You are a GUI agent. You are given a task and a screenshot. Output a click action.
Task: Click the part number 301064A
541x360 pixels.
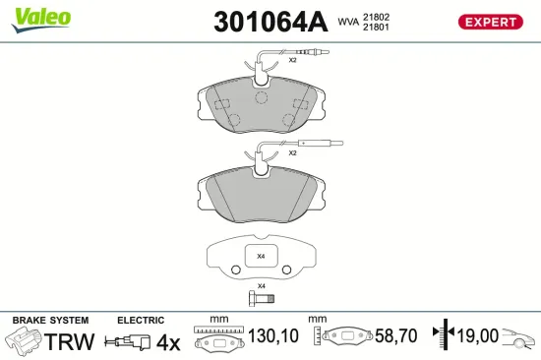click(270, 22)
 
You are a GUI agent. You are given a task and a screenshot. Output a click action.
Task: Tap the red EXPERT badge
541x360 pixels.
click(489, 22)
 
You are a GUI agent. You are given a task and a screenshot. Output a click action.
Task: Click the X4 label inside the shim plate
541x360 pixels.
click(261, 257)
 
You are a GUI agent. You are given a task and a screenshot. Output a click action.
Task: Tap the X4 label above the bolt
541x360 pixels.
click(261, 284)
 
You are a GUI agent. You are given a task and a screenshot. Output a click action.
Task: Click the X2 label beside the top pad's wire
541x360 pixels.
click(292, 61)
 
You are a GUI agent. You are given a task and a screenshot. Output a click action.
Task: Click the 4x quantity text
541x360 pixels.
click(169, 342)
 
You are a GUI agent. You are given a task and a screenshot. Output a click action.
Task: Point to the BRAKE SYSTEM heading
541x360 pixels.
click(49, 321)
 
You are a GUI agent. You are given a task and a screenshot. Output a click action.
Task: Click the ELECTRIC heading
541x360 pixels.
click(141, 321)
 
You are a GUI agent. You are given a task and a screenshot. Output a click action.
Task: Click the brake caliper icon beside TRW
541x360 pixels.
click(24, 341)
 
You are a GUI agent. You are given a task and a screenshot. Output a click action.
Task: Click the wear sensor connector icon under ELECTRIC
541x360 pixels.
click(129, 342)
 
